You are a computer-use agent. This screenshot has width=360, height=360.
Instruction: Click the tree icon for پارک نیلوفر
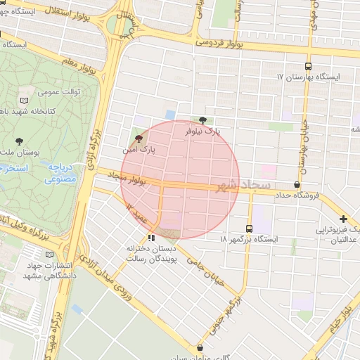203,120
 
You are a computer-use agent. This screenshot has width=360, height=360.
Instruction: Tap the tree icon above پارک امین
139,139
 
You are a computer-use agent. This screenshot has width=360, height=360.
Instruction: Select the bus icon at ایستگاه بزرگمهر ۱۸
249,229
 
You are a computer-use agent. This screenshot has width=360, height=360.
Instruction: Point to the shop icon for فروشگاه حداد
297,185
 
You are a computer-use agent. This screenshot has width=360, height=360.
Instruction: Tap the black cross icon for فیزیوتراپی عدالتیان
343,219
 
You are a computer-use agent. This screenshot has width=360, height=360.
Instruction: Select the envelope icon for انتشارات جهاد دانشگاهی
49,254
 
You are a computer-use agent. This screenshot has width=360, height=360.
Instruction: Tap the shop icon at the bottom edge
200,347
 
